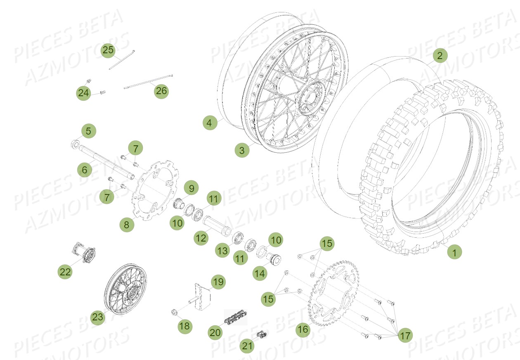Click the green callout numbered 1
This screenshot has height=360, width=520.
tap(454, 251)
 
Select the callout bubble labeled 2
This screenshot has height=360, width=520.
tap(440, 56)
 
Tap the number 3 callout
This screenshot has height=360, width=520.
tap(242, 150)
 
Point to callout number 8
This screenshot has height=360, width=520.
tap(127, 225)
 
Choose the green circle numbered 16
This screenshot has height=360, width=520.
tap(303, 329)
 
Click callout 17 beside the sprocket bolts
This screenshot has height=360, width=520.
tap(406, 336)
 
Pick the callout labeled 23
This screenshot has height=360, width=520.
tap(98, 317)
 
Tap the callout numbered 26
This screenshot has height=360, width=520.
tap(161, 91)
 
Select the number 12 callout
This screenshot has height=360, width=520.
tap(201, 238)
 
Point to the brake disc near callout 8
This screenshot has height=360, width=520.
tap(154, 190)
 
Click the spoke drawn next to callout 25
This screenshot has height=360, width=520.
tap(122, 60)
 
